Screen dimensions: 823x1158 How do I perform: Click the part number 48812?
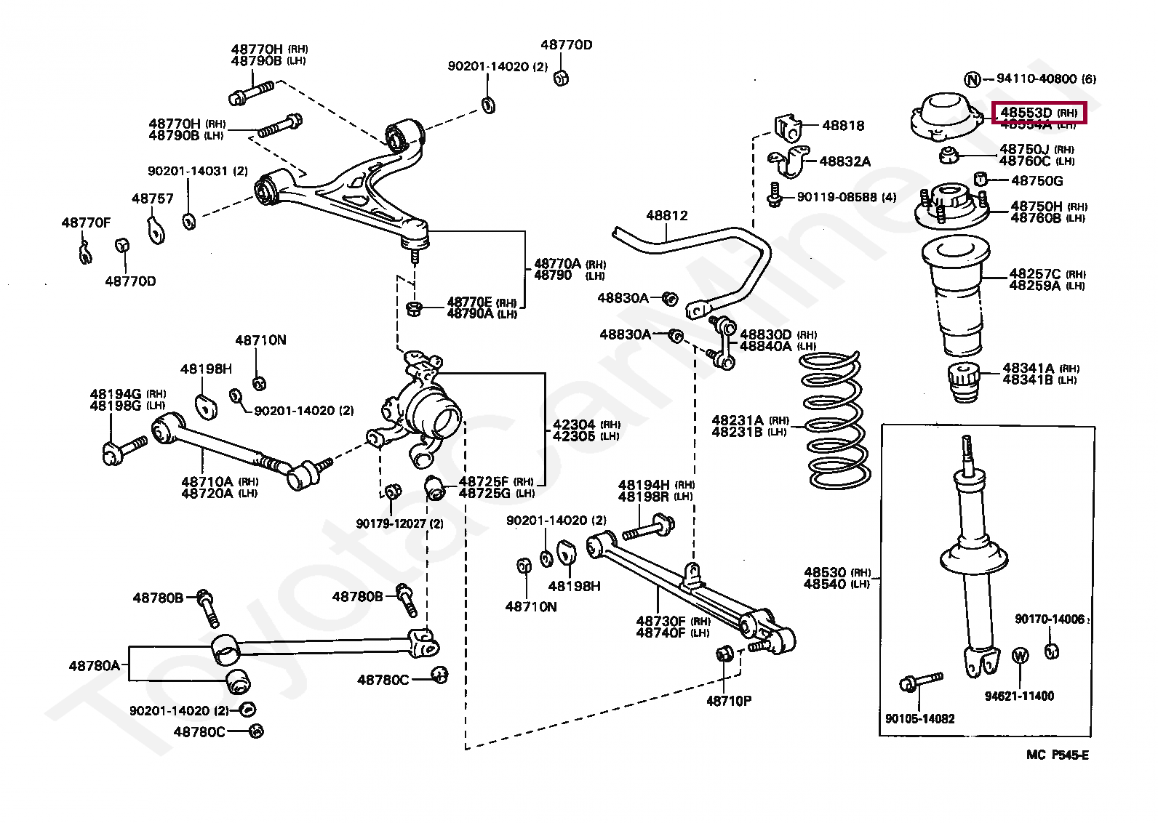tap(666, 215)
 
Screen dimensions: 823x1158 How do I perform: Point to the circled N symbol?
tap(972, 79)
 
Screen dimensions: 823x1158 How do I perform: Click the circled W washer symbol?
tap(1021, 656)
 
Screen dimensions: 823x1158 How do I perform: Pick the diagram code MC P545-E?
tap(1057, 755)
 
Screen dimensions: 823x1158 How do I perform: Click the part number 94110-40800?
tap(1037, 79)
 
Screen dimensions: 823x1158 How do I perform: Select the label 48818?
tap(843, 125)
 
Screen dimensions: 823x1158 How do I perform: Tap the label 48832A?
tap(844, 161)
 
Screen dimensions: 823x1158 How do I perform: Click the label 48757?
tap(153, 198)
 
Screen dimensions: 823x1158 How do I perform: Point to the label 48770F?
tap(86, 222)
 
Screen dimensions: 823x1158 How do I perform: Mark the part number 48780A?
tap(95, 665)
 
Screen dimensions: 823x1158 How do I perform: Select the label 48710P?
tap(729, 701)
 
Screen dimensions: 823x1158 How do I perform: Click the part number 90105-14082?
tap(919, 718)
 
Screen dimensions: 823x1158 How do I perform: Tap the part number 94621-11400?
tap(1019, 696)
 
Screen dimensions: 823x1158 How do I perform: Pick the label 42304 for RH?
tap(575, 425)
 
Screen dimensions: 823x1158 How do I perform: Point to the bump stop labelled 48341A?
tap(965, 382)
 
